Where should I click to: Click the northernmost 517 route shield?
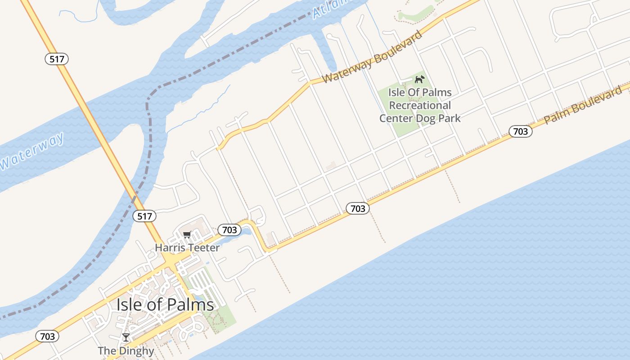(x=57, y=58)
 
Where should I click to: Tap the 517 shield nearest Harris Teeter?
(x=144, y=216)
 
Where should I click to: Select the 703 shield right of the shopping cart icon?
(x=229, y=230)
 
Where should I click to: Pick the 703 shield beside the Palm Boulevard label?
(x=521, y=131)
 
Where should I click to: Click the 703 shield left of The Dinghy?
(x=47, y=336)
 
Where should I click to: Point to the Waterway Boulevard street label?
(x=373, y=57)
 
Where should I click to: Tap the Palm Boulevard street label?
(x=583, y=105)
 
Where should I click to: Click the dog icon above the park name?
(x=419, y=80)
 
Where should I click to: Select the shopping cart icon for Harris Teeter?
(x=187, y=234)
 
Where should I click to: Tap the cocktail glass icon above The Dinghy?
(x=126, y=337)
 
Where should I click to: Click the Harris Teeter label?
(x=187, y=247)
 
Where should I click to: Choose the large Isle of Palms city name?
(x=165, y=305)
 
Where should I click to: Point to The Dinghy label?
(x=126, y=351)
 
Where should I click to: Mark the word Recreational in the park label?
(x=420, y=105)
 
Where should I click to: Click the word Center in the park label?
(x=396, y=118)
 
